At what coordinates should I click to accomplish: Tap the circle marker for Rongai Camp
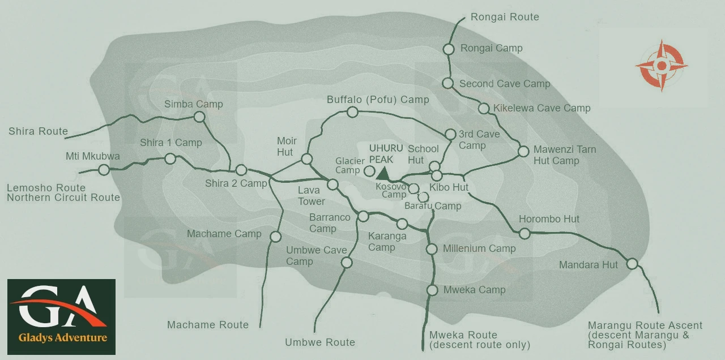pyautogui.click(x=449, y=49)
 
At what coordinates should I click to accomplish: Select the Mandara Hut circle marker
pyautogui.click(x=632, y=263)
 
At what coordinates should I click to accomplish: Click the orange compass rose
pyautogui.click(x=661, y=65)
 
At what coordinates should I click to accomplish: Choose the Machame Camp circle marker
pyautogui.click(x=276, y=237)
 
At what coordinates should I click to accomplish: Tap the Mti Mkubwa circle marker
pyautogui.click(x=104, y=169)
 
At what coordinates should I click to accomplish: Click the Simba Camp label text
pyautogui.click(x=193, y=104)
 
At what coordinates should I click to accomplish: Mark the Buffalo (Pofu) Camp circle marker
pyautogui.click(x=352, y=112)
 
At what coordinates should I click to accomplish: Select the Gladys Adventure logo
pyautogui.click(x=61, y=316)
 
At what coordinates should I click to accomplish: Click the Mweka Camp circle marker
pyautogui.click(x=432, y=290)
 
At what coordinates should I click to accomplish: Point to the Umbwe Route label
pyautogui.click(x=320, y=342)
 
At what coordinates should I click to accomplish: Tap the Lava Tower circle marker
pyautogui.click(x=332, y=184)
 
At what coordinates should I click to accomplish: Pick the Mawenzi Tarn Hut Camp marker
pyautogui.click(x=523, y=152)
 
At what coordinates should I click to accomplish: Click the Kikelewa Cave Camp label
pyautogui.click(x=541, y=108)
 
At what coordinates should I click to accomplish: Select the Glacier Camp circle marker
pyautogui.click(x=369, y=170)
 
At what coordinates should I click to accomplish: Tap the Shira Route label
pyautogui.click(x=38, y=131)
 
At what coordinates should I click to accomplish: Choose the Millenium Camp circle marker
pyautogui.click(x=432, y=249)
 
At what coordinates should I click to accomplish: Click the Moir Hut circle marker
pyautogui.click(x=306, y=159)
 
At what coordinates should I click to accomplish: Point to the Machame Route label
pyautogui.click(x=208, y=324)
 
